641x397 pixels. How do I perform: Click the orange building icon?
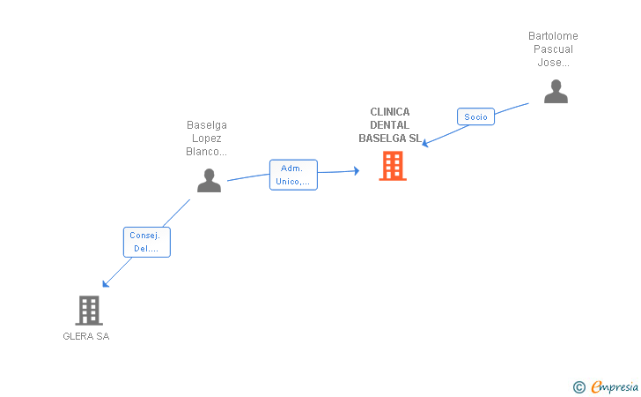(x=393, y=166)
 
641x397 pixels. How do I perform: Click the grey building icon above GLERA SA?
(x=89, y=311)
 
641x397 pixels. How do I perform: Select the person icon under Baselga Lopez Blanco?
(x=209, y=180)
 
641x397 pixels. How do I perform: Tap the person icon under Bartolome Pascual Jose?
(x=556, y=92)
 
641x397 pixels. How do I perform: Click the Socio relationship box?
(x=475, y=116)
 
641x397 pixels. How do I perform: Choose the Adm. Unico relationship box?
(x=293, y=175)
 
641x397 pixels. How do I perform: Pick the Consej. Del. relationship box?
(x=147, y=242)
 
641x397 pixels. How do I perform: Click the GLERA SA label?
(x=86, y=336)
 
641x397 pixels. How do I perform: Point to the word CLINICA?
(x=390, y=112)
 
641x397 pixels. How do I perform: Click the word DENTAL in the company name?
(x=389, y=125)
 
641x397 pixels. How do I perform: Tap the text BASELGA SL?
(x=390, y=139)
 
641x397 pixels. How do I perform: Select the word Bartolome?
(x=553, y=36)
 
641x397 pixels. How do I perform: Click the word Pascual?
(x=553, y=49)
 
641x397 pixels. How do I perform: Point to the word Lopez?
(x=206, y=139)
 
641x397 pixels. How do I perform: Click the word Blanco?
(x=203, y=152)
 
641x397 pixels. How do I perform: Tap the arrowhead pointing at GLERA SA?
(x=105, y=284)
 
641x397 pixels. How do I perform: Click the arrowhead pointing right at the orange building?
(x=357, y=171)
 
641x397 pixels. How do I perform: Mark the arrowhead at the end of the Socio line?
(x=425, y=143)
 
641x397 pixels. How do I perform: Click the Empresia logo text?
(x=615, y=386)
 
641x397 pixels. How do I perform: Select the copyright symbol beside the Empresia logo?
(x=578, y=387)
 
